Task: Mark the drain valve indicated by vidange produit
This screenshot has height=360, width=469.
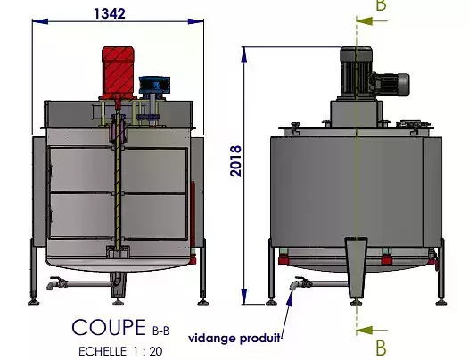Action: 299,286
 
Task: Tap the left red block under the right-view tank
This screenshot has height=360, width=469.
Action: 284,259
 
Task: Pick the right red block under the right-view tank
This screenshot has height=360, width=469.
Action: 385,259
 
